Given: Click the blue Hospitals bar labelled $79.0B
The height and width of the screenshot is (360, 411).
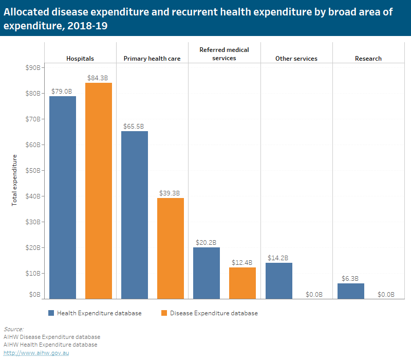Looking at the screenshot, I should pos(63,197).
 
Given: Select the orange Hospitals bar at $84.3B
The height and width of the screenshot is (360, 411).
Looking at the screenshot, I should pos(99,190).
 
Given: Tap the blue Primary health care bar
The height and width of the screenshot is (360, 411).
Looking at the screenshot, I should pos(135,214).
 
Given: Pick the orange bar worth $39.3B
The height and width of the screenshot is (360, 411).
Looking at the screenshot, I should pos(171,248).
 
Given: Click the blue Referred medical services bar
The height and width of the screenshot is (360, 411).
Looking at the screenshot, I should pos(207,273).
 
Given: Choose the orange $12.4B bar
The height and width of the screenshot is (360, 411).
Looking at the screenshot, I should pos(242,283).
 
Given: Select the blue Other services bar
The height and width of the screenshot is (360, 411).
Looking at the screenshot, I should pos(278,280).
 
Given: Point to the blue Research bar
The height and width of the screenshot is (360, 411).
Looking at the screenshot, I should pos(351,291).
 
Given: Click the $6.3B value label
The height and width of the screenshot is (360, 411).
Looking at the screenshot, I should pos(350,279).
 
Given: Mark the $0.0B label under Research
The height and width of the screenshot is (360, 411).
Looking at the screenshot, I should pos(386,295).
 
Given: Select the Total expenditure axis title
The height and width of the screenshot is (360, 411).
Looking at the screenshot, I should pos(14,180).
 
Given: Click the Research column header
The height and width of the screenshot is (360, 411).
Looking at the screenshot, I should pos(368,58).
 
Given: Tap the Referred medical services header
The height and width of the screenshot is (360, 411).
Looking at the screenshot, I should pos(224,53).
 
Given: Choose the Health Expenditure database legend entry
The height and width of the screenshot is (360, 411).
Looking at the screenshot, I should pos(99,313).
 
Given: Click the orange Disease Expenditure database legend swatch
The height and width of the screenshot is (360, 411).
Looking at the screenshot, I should pos(164,313).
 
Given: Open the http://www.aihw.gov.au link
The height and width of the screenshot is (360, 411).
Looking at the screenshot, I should pos(36,353).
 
